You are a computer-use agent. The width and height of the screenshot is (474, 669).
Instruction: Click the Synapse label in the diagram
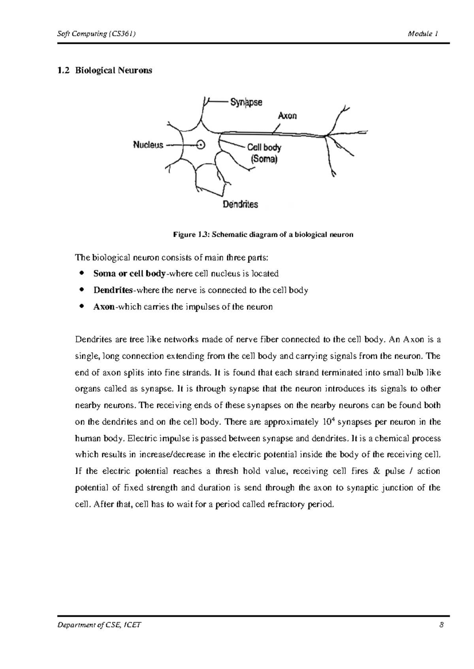[x=246, y=103]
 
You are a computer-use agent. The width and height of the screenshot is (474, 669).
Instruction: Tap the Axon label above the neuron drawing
[x=287, y=116]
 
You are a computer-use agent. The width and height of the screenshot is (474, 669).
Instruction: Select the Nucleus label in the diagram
[x=148, y=145]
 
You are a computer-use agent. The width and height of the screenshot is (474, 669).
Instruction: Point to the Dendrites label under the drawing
[x=240, y=204]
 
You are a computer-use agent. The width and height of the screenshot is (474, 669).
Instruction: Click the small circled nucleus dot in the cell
[x=201, y=145]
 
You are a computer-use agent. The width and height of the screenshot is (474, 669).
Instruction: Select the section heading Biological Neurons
[x=113, y=71]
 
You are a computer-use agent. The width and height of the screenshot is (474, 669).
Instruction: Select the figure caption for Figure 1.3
[x=263, y=235]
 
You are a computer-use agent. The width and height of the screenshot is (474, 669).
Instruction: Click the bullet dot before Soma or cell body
[x=82, y=273]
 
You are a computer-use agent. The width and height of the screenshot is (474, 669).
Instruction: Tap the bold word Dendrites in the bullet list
[x=113, y=290]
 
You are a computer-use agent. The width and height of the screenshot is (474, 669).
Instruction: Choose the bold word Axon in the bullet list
[x=103, y=307]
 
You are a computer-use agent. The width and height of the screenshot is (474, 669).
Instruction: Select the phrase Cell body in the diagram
[x=264, y=148]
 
